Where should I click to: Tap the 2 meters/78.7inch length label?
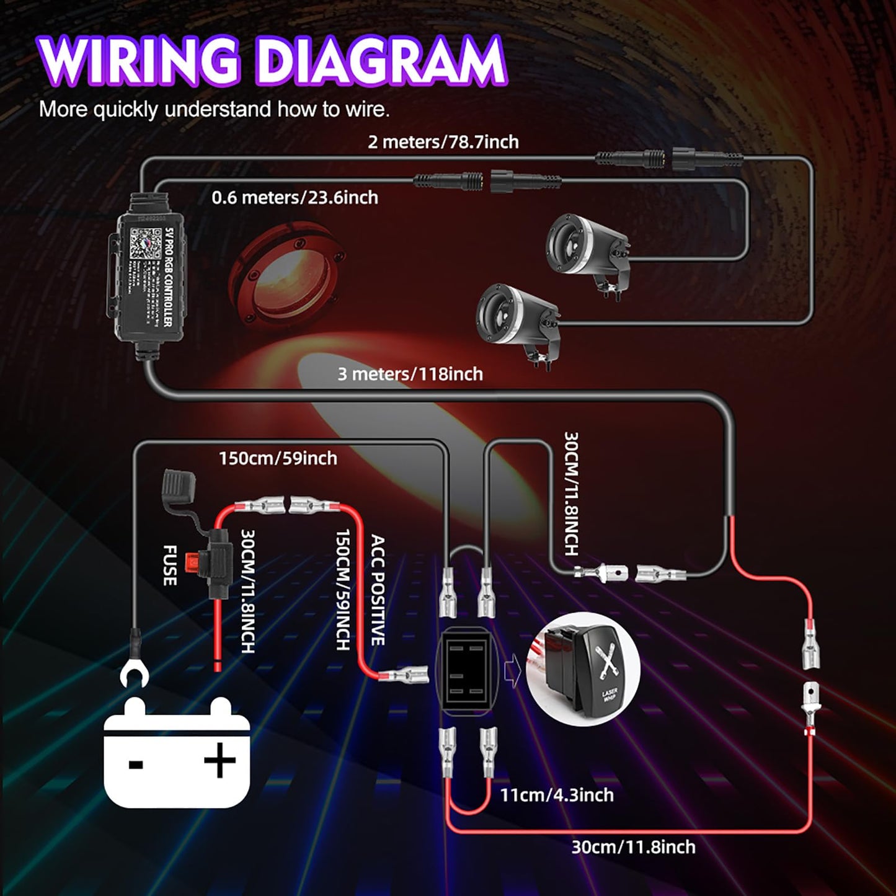click(443, 142)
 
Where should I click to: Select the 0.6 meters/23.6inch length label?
click(295, 198)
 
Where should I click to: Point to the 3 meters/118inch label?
click(410, 374)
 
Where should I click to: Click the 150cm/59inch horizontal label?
click(278, 458)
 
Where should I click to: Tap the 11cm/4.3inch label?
click(556, 795)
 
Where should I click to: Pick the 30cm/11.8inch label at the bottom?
click(632, 847)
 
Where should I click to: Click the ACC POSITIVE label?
click(378, 590)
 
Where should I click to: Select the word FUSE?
click(170, 565)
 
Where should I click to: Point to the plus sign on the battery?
click(220, 760)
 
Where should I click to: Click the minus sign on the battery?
click(136, 763)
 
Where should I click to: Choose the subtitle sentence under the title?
click(214, 110)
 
